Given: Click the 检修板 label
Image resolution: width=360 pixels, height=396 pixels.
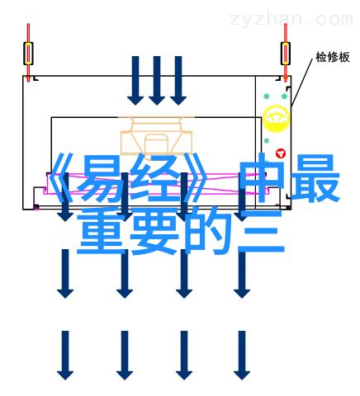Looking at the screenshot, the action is pos(333,57).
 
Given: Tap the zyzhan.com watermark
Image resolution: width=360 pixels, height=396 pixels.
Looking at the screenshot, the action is pos(291,19).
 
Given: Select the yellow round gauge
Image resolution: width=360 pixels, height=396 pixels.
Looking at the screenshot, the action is pos(276,119).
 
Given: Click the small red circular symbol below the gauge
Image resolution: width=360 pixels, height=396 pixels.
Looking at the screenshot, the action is pos(281,153).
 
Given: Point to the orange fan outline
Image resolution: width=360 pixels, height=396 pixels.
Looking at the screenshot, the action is pos(156,134).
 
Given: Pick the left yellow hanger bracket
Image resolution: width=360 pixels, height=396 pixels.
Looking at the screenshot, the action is pos(28,53).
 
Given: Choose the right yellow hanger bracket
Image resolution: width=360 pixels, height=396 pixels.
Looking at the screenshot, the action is pos(286,53).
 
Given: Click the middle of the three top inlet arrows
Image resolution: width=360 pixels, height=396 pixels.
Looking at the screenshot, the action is pos(157,81).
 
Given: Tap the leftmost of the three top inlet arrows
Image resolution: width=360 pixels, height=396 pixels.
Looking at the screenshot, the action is pos(135,81).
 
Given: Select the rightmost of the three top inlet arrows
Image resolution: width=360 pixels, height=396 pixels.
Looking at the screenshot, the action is pos(178,81).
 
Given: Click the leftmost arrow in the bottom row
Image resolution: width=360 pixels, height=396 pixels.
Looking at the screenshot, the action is pos(65,356).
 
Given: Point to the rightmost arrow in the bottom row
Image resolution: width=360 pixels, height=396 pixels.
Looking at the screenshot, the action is pos(242,356).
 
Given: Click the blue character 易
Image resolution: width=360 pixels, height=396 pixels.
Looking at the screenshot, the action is pos(97,178).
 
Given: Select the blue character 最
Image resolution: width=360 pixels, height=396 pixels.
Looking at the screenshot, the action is pos(315,178).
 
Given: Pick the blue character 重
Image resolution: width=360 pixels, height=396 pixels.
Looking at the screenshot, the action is pos(101,230).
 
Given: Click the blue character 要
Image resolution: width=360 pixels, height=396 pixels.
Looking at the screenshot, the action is pos(154,231).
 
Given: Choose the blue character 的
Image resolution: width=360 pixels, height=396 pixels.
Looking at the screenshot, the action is pos(208,231).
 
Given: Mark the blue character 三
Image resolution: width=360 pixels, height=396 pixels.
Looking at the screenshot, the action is pos(261,231).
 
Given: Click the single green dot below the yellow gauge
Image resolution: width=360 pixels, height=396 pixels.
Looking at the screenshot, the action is pos(267,141).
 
